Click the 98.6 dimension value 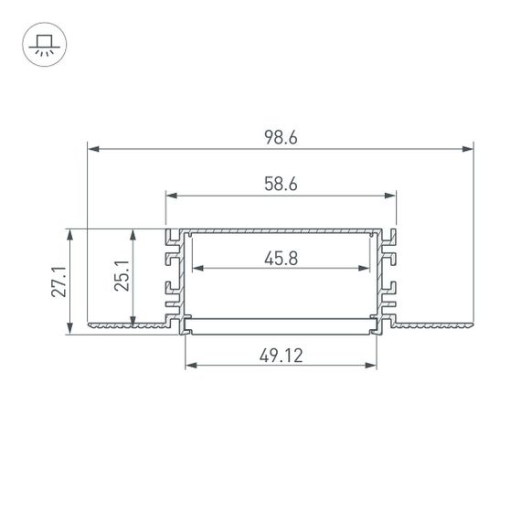click(x=282, y=138)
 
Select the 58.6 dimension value click(x=282, y=184)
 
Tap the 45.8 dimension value click(x=282, y=258)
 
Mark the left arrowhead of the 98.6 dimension click(x=90, y=148)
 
